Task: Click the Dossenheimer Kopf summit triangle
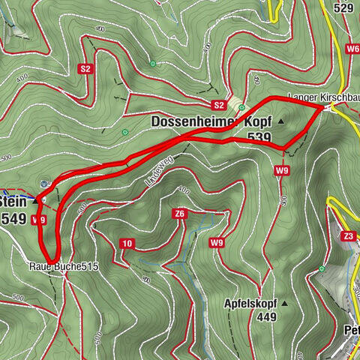coord(282,121)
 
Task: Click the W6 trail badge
coord(352,48)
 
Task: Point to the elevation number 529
coord(344,8)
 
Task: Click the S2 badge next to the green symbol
coord(218,104)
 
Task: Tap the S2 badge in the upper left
coord(85,69)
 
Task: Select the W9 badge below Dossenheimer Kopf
coord(281,171)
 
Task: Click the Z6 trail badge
coord(179,214)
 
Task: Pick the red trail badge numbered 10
coord(127,242)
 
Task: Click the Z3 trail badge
coord(349,236)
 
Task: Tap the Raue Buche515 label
coord(64,266)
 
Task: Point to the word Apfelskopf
coord(250,304)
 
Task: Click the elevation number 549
coord(15,218)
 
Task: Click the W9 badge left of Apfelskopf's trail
coord(217,242)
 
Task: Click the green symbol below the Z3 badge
coord(322,268)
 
